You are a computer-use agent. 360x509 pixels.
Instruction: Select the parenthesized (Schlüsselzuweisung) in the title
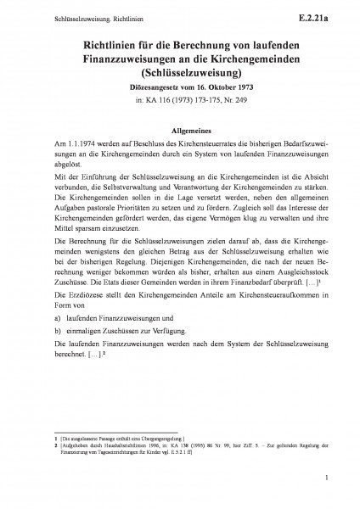[x=180, y=71]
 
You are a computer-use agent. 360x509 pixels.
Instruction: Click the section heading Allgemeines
[x=180, y=131]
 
